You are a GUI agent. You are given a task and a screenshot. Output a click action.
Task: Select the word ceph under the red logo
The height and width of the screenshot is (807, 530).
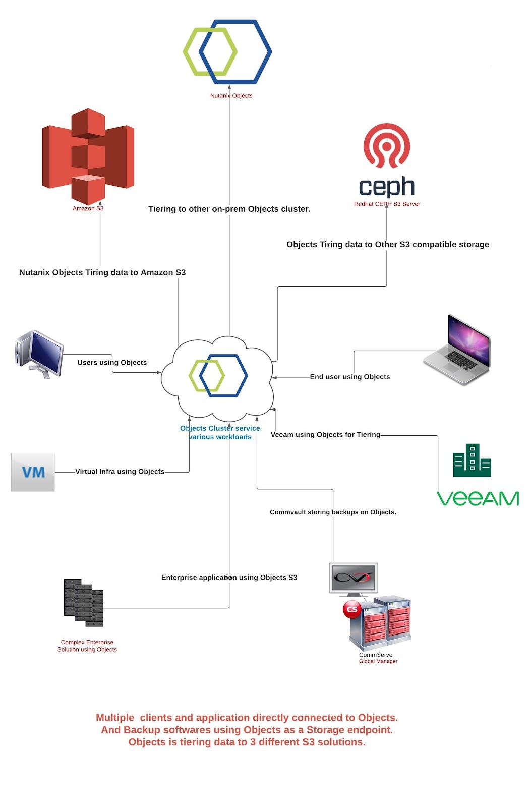pyautogui.click(x=387, y=187)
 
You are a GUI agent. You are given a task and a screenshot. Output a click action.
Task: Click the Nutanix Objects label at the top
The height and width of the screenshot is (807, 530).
pyautogui.click(x=231, y=96)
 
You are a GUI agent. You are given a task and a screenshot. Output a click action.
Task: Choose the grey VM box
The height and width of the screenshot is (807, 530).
pyautogui.click(x=33, y=472)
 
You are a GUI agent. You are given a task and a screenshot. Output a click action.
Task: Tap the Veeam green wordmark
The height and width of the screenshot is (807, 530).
pyautogui.click(x=478, y=499)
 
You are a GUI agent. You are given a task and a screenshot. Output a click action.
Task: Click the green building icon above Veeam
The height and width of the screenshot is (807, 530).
pyautogui.click(x=472, y=460)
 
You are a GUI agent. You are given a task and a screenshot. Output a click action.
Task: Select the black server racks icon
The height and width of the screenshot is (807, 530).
pyautogui.click(x=84, y=602)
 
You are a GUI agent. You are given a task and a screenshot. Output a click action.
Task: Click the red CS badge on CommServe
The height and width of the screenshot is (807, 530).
pyautogui.click(x=352, y=609)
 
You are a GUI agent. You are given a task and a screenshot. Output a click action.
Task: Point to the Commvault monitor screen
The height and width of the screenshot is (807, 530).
pyautogui.click(x=354, y=578)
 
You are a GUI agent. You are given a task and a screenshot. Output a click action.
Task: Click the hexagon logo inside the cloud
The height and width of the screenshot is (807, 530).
pyautogui.click(x=218, y=376)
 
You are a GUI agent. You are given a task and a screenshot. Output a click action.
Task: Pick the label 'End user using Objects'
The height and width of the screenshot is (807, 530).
pyautogui.click(x=350, y=377)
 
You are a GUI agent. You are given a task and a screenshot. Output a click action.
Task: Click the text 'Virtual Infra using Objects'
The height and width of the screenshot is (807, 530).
pyautogui.click(x=120, y=472)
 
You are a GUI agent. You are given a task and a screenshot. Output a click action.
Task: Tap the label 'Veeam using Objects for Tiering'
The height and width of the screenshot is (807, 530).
pyautogui.click(x=325, y=435)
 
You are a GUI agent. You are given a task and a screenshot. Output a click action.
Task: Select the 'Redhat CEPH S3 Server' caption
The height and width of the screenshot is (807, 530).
pyautogui.click(x=387, y=204)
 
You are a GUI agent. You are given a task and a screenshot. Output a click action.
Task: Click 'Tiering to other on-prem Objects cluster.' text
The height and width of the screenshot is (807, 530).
pyautogui.click(x=229, y=209)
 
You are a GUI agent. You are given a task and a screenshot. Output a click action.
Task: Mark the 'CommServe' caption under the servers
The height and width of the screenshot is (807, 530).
pyautogui.click(x=376, y=655)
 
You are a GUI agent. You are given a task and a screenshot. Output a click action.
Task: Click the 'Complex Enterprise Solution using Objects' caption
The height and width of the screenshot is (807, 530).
pyautogui.click(x=87, y=646)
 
